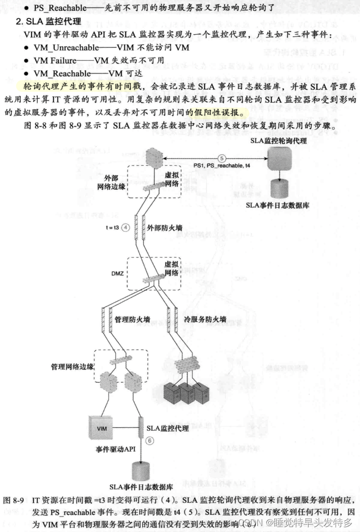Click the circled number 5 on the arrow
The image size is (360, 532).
click(221, 157)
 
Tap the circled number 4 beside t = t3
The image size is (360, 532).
click(126, 228)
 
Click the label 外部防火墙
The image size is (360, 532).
click(165, 228)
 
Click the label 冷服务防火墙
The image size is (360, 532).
click(205, 319)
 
